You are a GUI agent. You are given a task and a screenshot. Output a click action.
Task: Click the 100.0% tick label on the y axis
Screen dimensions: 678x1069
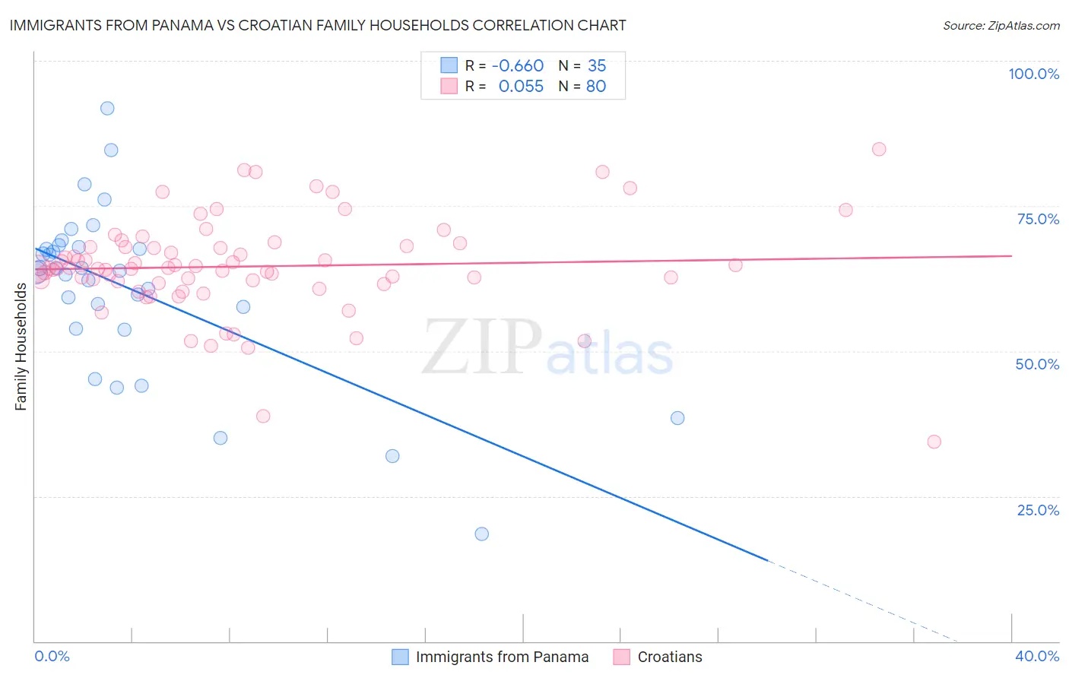point(1033,74)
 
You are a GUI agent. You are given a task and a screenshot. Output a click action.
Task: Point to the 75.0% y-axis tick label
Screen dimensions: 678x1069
point(1038,219)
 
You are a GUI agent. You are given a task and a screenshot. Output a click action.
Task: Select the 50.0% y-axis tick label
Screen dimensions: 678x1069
point(1037,364)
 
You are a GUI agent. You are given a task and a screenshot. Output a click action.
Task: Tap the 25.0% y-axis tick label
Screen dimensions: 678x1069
point(1038,510)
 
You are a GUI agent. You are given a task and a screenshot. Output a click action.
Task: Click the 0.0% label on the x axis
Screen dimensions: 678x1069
point(52,656)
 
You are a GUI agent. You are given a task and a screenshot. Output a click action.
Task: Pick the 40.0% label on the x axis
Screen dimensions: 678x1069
point(1037,656)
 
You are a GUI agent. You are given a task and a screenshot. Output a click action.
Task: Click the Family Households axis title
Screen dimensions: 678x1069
point(21,347)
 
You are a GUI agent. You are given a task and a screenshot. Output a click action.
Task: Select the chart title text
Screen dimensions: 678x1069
point(318,25)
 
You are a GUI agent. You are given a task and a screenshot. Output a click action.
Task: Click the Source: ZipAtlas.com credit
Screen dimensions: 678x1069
point(1001,26)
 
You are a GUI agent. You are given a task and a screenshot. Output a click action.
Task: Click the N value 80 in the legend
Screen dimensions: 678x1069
point(595,86)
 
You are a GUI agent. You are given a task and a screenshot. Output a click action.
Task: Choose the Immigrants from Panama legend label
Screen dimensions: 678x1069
point(502,657)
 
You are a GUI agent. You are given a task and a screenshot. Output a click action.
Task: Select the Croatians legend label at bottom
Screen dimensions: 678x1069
point(670,657)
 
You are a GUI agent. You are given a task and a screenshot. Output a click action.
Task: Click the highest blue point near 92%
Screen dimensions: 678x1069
point(107,109)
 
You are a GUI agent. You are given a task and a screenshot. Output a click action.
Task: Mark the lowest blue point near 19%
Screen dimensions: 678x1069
point(481,534)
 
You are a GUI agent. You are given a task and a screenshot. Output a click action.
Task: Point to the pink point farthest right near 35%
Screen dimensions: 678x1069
point(934,442)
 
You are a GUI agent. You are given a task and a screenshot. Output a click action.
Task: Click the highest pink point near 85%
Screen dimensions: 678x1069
point(879,149)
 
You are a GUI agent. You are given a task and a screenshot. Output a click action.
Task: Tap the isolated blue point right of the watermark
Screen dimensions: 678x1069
point(677,418)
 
